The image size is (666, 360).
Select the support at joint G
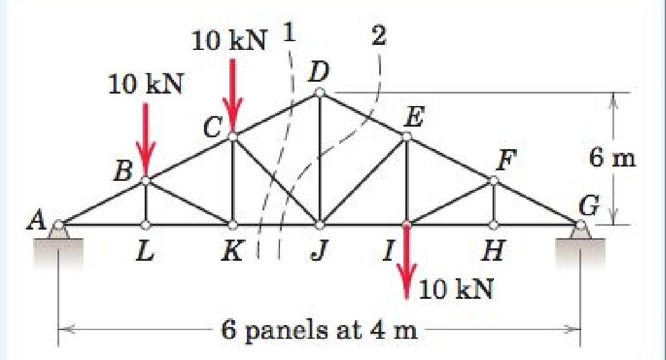pyautogui.click(x=581, y=231)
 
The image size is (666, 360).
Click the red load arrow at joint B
pyautogui.click(x=145, y=140)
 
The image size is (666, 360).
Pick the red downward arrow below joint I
pyautogui.click(x=407, y=262)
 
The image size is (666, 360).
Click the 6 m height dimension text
pyautogui.click(x=612, y=158)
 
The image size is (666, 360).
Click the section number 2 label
pyautogui.click(x=378, y=36)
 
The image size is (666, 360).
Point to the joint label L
pyautogui.click(x=145, y=253)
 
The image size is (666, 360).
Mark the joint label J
pyautogui.click(x=320, y=253)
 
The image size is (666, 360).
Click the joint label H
pyautogui.click(x=493, y=253)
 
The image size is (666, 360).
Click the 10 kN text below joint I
pyautogui.click(x=456, y=289)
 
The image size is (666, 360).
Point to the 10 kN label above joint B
pyautogui.click(x=145, y=84)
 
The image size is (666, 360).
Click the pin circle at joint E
pyautogui.click(x=407, y=137)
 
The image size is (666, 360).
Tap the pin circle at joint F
pyautogui.click(x=493, y=180)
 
